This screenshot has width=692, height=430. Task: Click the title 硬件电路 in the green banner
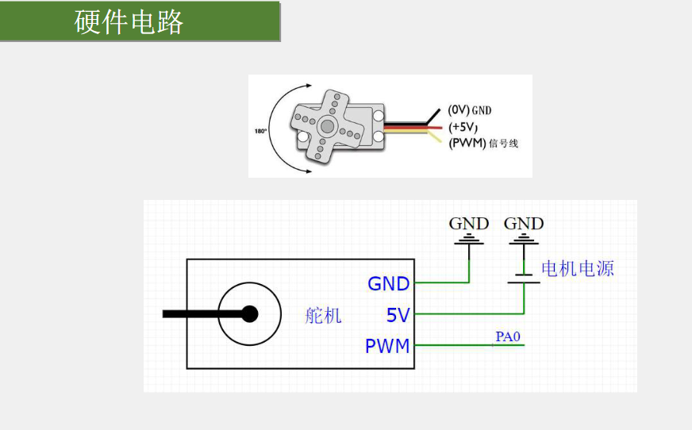click(x=129, y=22)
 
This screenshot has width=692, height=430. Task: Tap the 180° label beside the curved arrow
click(x=260, y=131)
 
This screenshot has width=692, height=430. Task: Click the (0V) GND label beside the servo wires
click(x=470, y=109)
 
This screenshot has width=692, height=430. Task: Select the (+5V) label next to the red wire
click(x=463, y=127)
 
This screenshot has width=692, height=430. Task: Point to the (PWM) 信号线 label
click(x=483, y=144)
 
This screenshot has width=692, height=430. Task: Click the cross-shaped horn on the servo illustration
click(x=327, y=127)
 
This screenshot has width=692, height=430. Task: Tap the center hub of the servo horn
click(x=327, y=127)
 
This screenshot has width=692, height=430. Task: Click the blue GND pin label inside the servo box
click(x=388, y=283)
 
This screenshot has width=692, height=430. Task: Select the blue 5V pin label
click(x=398, y=315)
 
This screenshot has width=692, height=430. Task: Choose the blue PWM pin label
click(x=387, y=346)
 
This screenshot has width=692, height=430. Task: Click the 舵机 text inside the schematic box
click(x=323, y=315)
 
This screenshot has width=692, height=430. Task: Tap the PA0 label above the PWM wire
click(x=508, y=336)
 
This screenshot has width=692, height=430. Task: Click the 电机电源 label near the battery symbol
click(x=577, y=268)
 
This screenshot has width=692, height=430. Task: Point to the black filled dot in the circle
click(x=250, y=314)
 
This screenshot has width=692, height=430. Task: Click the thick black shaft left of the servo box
click(x=203, y=314)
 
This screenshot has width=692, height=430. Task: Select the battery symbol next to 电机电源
click(x=524, y=278)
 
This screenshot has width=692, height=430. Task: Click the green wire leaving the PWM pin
click(x=469, y=345)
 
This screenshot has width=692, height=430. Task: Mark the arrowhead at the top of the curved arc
click(x=309, y=86)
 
